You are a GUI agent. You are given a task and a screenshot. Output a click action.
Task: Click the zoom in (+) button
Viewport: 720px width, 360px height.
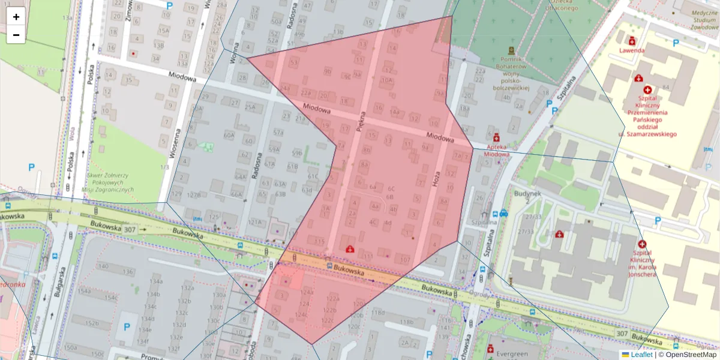tap(16, 17)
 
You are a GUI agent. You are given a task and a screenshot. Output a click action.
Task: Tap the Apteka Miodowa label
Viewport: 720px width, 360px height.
tap(496, 150)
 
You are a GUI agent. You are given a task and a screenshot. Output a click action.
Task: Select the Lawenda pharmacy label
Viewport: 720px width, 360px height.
tap(632, 50)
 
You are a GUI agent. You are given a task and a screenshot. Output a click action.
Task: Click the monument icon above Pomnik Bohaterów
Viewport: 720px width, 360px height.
tap(511, 50)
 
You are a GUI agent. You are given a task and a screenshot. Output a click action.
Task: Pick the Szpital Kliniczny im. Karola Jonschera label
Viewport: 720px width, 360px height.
tap(642, 264)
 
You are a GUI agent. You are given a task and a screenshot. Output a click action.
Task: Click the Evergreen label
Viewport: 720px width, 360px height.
tap(512, 354)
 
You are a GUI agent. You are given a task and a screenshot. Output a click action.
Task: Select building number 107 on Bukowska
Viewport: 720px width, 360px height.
tap(404, 260)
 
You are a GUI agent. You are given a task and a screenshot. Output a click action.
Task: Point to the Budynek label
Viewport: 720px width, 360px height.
tap(527, 193)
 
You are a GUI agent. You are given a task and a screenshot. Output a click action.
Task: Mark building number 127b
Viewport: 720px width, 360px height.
tap(194, 195)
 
